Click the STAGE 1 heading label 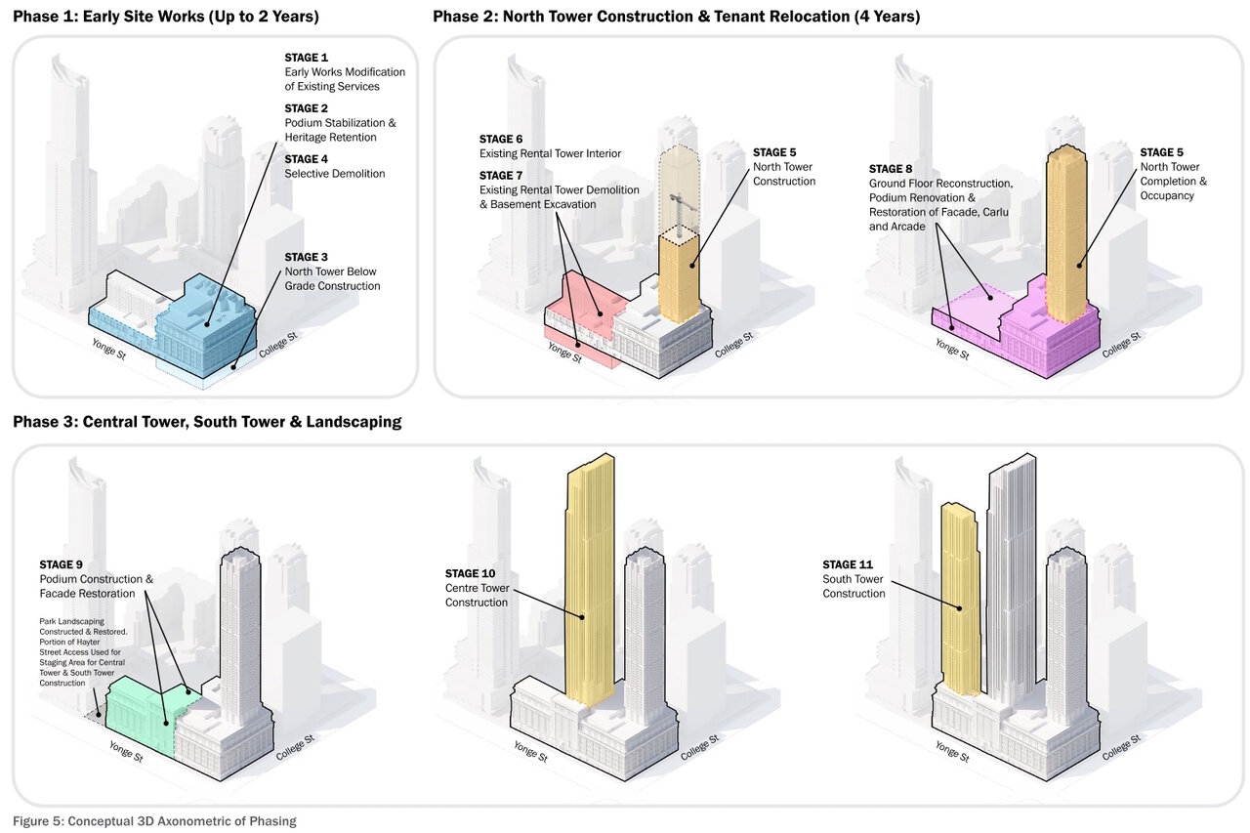[307, 58]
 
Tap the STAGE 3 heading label [307, 258]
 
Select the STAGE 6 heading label [501, 139]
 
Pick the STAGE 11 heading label [849, 564]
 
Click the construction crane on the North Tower [674, 207]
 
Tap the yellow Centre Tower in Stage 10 [590, 586]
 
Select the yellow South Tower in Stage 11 [959, 596]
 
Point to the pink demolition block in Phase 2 [584, 312]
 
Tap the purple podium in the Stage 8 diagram [1045, 342]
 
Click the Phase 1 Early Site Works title [165, 17]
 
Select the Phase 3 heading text [207, 423]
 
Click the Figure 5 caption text [154, 820]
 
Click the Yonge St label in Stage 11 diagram [952, 751]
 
